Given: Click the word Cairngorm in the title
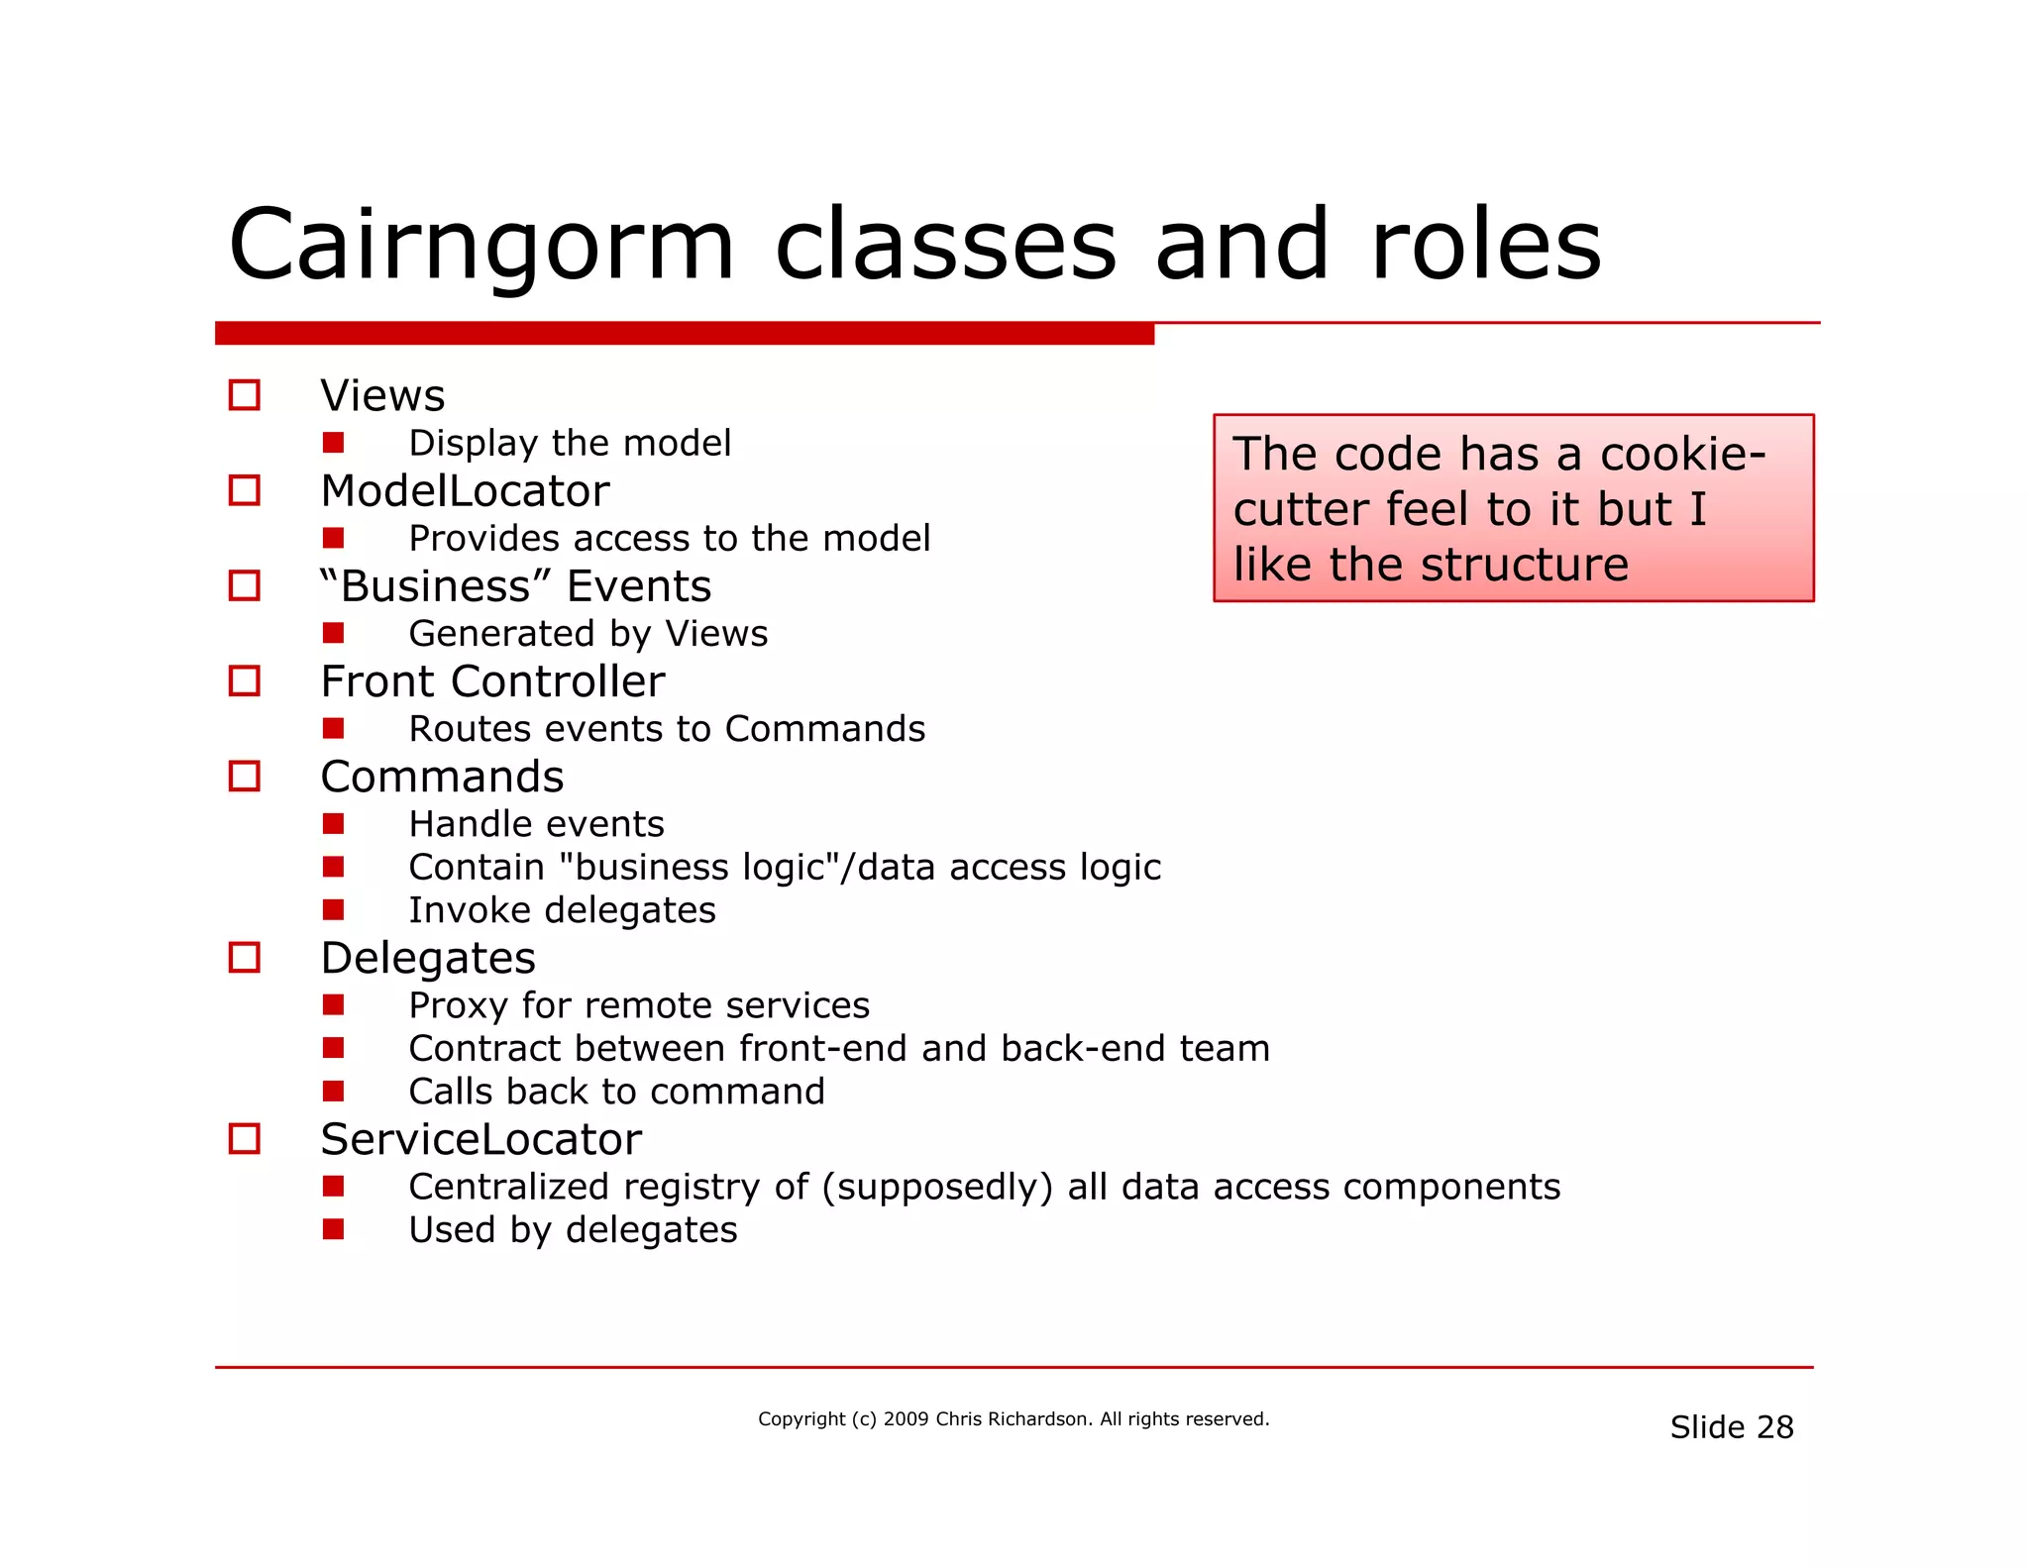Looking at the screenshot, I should (481, 246).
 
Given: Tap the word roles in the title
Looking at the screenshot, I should (1485, 246).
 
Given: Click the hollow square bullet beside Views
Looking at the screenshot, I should (245, 395).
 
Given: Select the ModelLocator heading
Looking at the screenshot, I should (465, 491).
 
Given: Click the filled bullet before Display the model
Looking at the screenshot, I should (333, 442).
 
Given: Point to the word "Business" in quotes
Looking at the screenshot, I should (433, 585).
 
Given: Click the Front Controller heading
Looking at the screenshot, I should (492, 681).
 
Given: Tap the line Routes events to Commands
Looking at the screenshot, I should (667, 729).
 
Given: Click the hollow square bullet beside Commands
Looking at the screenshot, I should (245, 776).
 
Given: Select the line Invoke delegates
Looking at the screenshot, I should (562, 910).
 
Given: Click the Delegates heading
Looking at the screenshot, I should (428, 958).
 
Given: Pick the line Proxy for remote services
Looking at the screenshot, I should (639, 1005).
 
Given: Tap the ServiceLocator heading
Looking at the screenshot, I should (481, 1139).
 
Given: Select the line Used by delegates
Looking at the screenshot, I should (573, 1230).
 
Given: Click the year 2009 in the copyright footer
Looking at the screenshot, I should (906, 1419).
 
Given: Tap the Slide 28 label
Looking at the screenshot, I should (1731, 1427).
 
